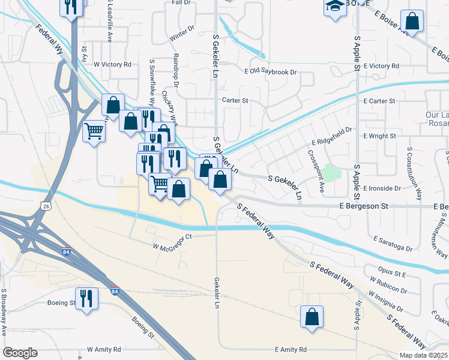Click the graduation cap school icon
click(x=335, y=8)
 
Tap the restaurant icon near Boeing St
click(x=86, y=298)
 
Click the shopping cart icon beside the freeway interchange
click(x=94, y=131)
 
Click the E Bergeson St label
click(x=364, y=206)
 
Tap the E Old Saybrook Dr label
click(x=271, y=72)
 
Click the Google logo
click(x=20, y=353)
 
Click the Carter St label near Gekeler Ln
click(x=235, y=100)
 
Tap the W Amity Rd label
click(x=104, y=349)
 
